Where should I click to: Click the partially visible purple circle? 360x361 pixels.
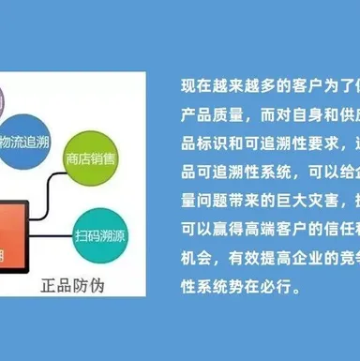(x=3, y=98)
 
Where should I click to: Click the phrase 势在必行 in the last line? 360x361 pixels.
(x=262, y=288)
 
